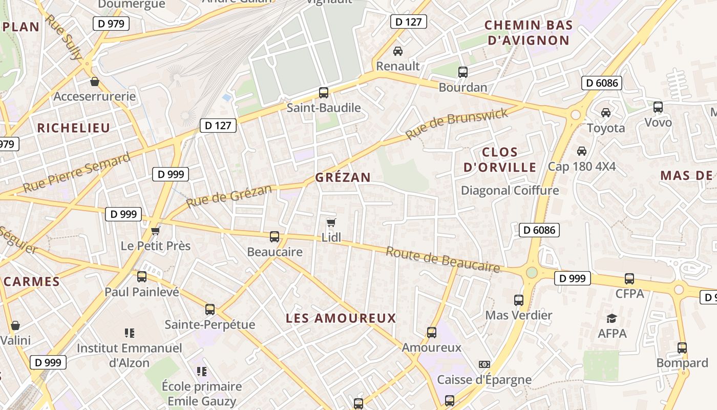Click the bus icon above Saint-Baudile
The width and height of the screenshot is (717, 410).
324,93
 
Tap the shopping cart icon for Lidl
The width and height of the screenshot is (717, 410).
331,223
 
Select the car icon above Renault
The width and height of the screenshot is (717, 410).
397,51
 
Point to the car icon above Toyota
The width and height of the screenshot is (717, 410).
606,113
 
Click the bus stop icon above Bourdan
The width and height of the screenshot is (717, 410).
463,72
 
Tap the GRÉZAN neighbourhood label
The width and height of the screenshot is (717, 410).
343,177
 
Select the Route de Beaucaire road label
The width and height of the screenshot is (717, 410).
442,260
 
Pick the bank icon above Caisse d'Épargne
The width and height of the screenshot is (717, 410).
484,364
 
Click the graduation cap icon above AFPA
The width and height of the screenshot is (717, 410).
611,318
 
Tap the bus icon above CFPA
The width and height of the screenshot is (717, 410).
629,279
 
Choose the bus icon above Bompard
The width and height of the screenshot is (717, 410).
682,348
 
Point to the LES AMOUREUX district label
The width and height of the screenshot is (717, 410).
341,318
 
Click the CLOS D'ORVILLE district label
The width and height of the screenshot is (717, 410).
500,159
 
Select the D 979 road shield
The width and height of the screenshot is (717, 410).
111,23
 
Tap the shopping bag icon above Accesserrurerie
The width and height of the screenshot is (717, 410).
95,81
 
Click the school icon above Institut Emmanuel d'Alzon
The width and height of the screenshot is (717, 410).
129,333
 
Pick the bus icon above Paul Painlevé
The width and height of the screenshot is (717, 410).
142,277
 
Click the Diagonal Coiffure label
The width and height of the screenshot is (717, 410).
510,191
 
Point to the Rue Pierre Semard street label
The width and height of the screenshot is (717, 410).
77,172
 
